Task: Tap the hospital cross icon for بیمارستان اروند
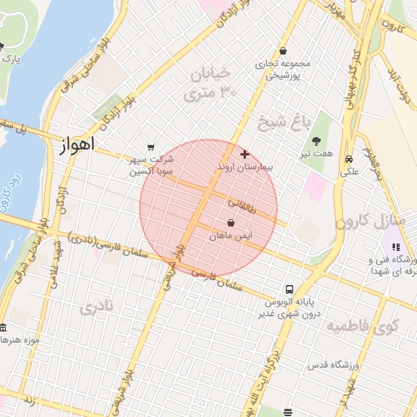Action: pos(244,154)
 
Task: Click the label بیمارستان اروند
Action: pos(248,166)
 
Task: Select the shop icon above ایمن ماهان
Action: pos(231,222)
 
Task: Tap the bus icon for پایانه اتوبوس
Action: pos(290,289)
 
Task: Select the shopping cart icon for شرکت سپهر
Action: pos(151,147)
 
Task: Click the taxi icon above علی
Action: pos(349,160)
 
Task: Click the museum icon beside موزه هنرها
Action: pos(2,327)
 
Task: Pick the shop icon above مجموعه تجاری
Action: pos(283,50)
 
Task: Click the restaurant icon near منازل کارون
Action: pos(397,247)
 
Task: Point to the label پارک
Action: pos(11,59)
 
